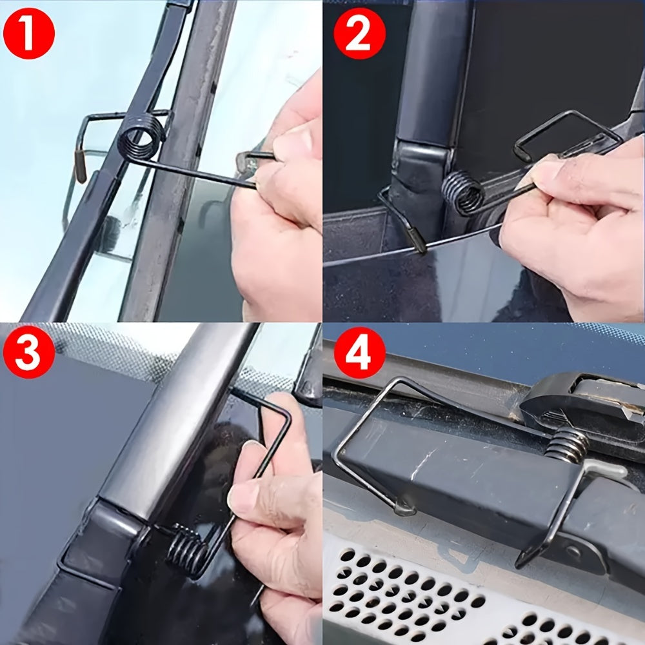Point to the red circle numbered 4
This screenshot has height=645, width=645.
tap(358, 353)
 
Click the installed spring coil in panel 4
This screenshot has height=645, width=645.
tap(567, 444)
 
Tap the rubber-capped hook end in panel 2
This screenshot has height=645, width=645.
tap(418, 241)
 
